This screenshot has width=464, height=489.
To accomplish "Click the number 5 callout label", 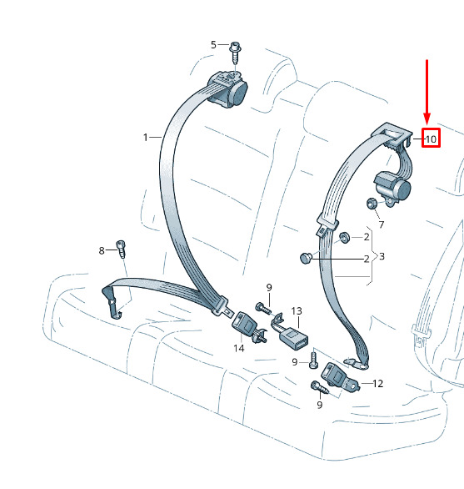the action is pyautogui.click(x=213, y=44).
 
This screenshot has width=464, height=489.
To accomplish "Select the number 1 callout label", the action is pyautogui.click(x=146, y=137).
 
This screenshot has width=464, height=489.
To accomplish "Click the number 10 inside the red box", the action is pyautogui.click(x=431, y=139).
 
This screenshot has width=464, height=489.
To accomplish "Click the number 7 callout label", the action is pyautogui.click(x=382, y=224).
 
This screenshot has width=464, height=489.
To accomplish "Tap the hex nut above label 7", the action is pyautogui.click(x=372, y=204).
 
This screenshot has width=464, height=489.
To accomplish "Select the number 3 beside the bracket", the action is pyautogui.click(x=382, y=256).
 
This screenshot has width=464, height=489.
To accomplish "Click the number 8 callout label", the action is pyautogui.click(x=102, y=250).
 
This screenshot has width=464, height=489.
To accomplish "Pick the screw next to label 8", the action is pyautogui.click(x=121, y=249).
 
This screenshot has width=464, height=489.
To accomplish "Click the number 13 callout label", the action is pyautogui.click(x=297, y=311).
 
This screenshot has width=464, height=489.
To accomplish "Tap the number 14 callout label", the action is pyautogui.click(x=239, y=348).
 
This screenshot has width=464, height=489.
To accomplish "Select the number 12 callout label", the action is pyautogui.click(x=377, y=383).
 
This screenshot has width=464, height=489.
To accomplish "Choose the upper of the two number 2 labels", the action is pyautogui.click(x=367, y=237).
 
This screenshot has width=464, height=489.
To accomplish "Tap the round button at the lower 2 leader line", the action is pyautogui.click(x=306, y=258).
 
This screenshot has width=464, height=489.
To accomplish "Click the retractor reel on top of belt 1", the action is pyautogui.click(x=228, y=89).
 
